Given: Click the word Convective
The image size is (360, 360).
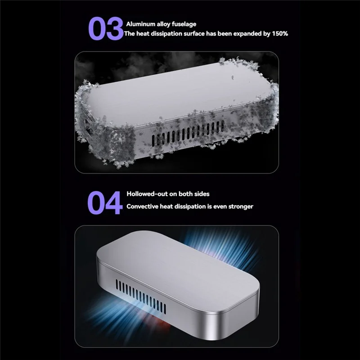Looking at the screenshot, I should coord(143,207).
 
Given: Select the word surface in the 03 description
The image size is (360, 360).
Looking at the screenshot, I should coord(197,34).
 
